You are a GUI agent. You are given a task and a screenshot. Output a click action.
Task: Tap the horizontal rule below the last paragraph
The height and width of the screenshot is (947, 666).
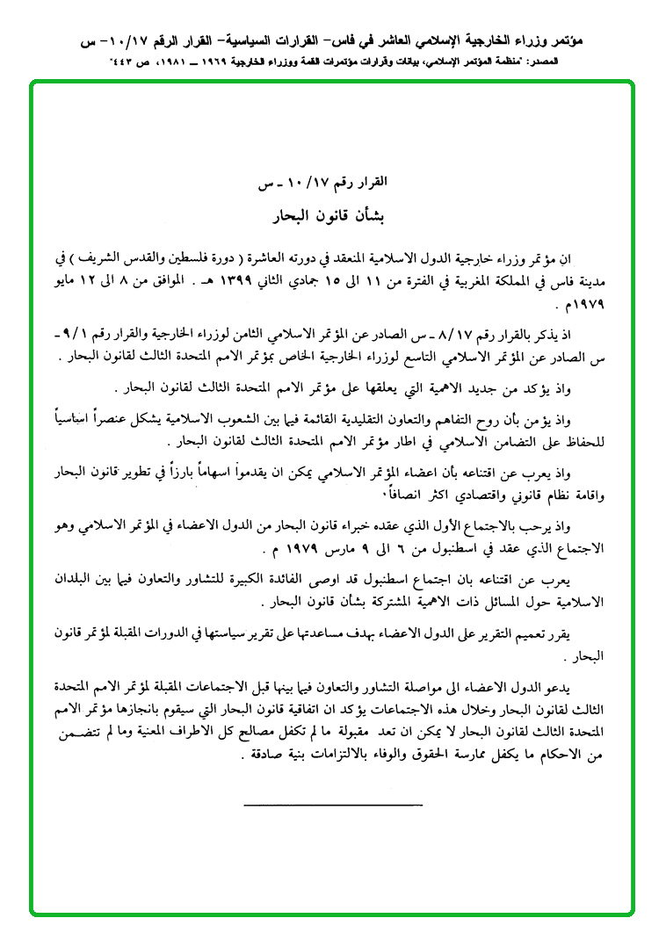[332, 803]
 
